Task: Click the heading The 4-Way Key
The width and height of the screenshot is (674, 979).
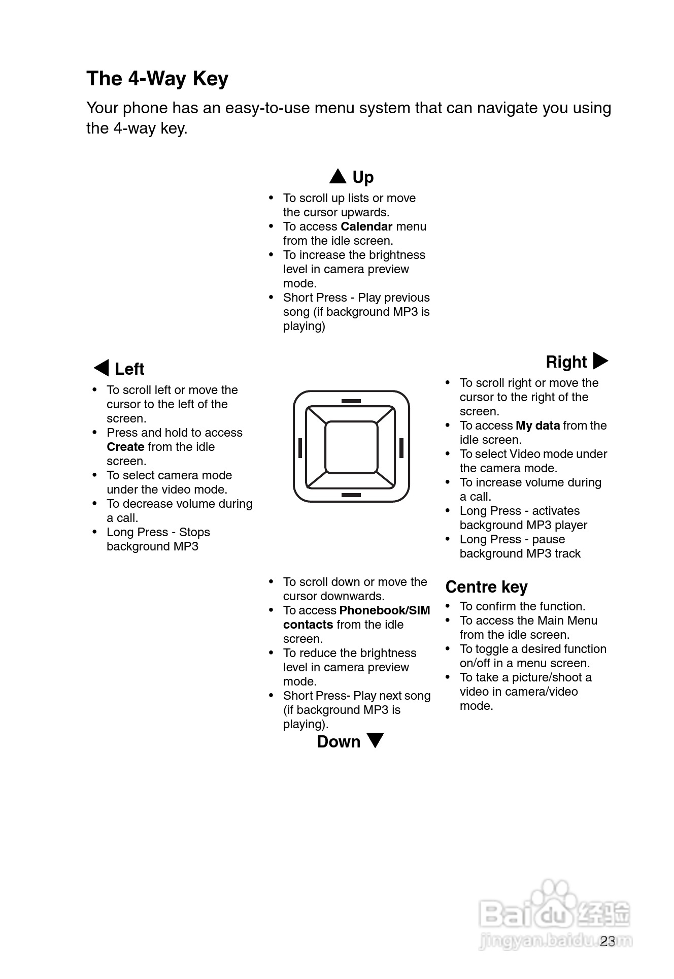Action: click(157, 79)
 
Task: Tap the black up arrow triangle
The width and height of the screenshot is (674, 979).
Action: click(338, 177)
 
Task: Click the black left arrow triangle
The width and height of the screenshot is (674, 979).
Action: click(102, 368)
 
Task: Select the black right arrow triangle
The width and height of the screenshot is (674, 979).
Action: click(600, 361)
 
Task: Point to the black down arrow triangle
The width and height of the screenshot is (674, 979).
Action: click(375, 740)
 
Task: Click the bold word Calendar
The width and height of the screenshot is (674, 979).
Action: click(366, 226)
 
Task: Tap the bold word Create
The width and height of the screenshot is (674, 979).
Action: click(125, 447)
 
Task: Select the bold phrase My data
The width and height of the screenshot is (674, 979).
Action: click(537, 426)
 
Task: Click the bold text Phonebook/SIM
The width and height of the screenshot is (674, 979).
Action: click(384, 610)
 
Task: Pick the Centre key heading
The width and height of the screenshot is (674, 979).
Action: click(486, 587)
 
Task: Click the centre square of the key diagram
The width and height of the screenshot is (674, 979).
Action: click(351, 447)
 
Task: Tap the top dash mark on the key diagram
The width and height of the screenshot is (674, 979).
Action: click(351, 401)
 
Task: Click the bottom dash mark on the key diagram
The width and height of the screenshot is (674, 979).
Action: click(351, 495)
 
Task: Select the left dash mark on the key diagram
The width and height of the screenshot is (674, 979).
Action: click(300, 448)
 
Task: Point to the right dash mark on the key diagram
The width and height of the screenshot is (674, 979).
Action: click(401, 448)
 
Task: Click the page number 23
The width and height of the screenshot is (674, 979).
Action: click(607, 941)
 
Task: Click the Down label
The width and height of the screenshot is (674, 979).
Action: click(339, 742)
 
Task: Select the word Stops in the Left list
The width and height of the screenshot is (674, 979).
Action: click(194, 532)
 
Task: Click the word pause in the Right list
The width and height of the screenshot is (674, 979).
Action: click(548, 539)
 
